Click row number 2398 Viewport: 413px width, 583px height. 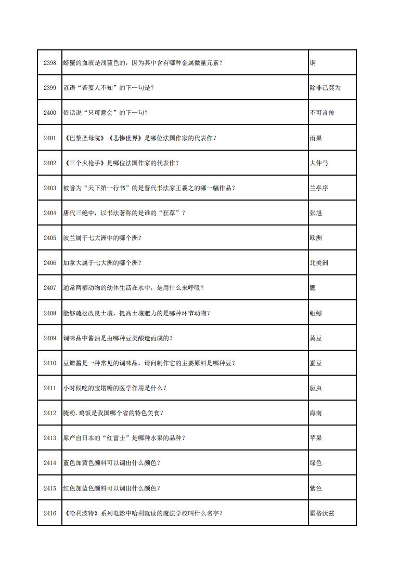(50, 63)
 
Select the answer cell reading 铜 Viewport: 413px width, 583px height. (313, 63)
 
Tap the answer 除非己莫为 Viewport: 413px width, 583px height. (325, 88)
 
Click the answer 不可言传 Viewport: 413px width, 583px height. (322, 113)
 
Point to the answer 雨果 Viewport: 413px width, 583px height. (316, 138)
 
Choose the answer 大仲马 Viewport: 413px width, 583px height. (319, 163)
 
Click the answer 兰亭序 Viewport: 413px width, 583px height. (319, 188)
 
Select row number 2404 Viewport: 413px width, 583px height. (50, 213)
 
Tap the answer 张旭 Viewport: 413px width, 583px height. (316, 213)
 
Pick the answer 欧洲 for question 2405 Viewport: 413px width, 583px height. (316, 238)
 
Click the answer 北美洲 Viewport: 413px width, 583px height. (319, 263)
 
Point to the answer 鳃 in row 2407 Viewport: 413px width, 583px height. (313, 288)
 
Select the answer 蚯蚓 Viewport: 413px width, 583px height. (316, 313)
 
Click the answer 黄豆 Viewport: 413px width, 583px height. (316, 338)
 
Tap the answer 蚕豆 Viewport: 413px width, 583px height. (316, 363)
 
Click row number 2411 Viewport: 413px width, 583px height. (50, 388)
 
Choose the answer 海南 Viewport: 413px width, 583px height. (316, 413)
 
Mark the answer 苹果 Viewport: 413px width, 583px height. (316, 438)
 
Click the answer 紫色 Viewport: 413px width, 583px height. (316, 488)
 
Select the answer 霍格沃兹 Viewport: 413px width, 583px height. (322, 513)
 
